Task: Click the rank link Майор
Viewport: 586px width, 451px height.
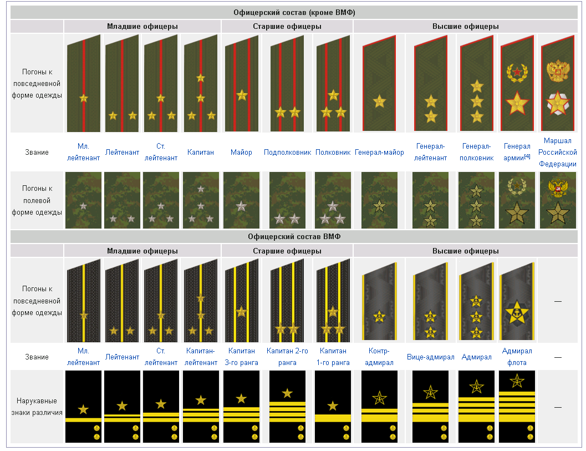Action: (241, 152)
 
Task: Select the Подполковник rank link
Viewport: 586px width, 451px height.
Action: (287, 152)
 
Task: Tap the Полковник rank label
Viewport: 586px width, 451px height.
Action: (333, 152)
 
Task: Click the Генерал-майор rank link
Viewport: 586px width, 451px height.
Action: (379, 152)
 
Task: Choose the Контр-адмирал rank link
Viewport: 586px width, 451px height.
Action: (379, 357)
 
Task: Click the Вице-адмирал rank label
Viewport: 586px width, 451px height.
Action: (430, 357)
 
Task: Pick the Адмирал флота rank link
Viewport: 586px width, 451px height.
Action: (517, 357)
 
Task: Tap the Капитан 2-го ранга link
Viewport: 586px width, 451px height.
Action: (287, 357)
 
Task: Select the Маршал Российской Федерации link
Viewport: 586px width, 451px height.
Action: (557, 152)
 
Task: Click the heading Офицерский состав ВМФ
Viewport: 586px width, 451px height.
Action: (294, 236)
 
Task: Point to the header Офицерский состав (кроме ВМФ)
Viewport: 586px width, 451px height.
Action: (294, 12)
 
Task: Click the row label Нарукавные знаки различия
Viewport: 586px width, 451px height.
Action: (37, 406)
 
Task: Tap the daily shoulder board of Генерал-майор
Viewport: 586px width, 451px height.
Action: (380, 83)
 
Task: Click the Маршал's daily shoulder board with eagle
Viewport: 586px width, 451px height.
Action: (557, 83)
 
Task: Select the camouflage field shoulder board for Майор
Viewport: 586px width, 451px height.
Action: (241, 200)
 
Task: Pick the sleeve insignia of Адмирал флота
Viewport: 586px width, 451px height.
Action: (517, 406)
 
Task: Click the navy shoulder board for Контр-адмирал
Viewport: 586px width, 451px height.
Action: (380, 300)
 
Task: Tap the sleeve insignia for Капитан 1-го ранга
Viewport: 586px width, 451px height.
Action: (333, 406)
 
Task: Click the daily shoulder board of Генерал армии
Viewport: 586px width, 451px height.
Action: (517, 83)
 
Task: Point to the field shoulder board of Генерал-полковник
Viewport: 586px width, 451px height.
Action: (476, 200)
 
